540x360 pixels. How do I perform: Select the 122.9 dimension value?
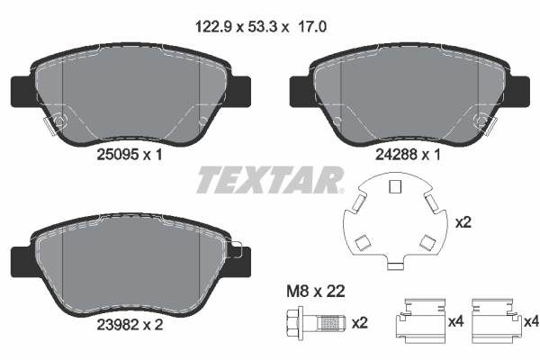pyautogui.click(x=216, y=28)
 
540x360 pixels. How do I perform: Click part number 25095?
pyautogui.click(x=114, y=154)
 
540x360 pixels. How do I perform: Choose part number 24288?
pyautogui.click(x=391, y=154)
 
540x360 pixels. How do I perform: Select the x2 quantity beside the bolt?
pyautogui.click(x=359, y=322)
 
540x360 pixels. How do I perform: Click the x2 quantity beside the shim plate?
pyautogui.click(x=464, y=221)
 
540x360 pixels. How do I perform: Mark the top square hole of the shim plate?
pyautogui.click(x=392, y=187)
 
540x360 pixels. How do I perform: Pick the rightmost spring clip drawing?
pyautogui.click(x=493, y=321)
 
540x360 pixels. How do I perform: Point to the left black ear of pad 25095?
pyautogui.click(x=20, y=90)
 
